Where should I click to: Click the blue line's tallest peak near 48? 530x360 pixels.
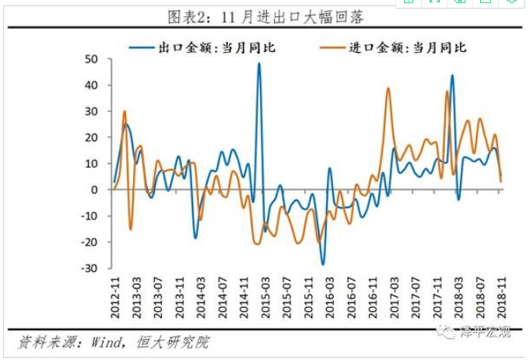click(259, 64)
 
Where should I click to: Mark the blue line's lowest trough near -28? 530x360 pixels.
click(322, 264)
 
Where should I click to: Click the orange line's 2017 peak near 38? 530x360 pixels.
click(388, 89)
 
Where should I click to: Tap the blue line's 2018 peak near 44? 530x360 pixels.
click(452, 75)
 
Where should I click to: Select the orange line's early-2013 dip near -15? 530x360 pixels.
click(131, 229)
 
